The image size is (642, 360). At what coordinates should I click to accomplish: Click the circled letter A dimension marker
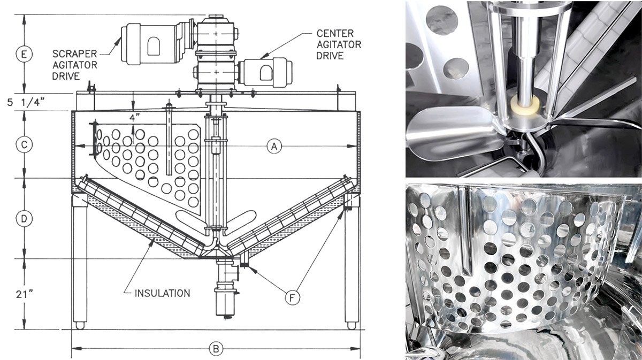tap(274, 145)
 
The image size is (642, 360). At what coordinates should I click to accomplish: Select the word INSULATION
tap(162, 293)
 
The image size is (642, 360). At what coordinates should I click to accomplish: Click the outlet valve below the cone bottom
tap(224, 293)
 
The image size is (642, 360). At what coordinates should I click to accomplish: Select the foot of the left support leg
tap(80, 325)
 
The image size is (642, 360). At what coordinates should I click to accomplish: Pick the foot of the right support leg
tap(351, 325)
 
